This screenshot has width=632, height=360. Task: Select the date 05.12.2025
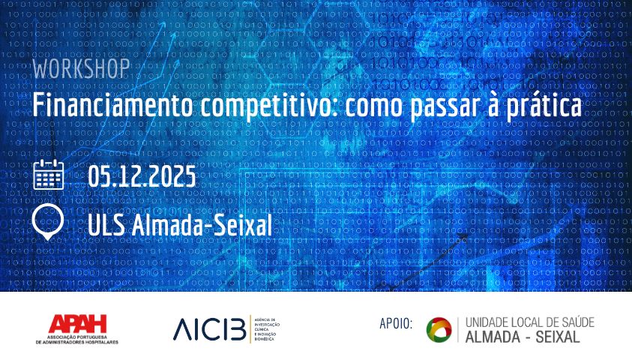(x=142, y=176)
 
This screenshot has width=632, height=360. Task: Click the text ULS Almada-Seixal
(x=179, y=223)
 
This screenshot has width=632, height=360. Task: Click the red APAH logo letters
(x=77, y=324)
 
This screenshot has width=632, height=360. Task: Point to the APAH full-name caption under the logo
(x=77, y=339)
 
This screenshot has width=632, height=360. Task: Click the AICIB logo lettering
(x=209, y=328)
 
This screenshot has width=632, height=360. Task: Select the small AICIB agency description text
(x=268, y=328)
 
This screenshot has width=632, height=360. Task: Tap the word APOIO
(x=397, y=323)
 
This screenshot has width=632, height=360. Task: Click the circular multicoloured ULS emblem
(x=439, y=329)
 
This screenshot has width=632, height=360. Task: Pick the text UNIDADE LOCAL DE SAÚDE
(x=529, y=322)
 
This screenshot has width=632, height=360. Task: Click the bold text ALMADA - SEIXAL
(x=523, y=337)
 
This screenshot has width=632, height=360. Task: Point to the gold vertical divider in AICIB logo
(x=250, y=328)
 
